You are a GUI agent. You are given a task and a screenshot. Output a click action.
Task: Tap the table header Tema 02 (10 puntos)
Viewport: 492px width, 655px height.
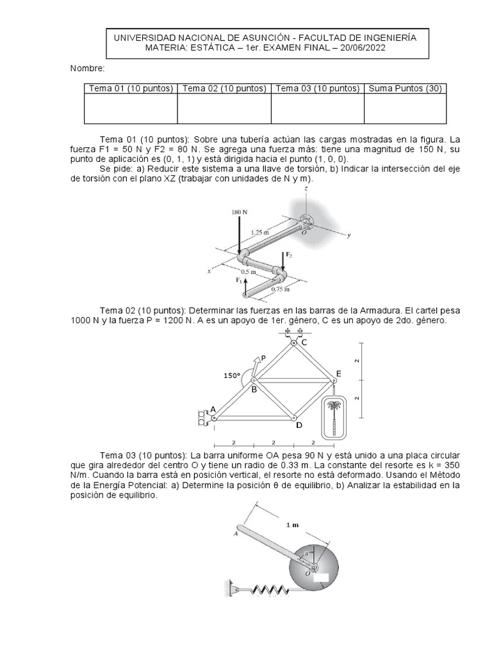coord(224,88)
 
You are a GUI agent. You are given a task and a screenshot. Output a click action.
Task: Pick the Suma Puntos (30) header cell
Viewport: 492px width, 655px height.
coord(404,88)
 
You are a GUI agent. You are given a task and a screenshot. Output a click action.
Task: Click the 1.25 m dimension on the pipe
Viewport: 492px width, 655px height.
coord(260,232)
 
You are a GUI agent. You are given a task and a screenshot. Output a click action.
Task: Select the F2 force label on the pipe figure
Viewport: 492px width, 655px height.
coord(288,254)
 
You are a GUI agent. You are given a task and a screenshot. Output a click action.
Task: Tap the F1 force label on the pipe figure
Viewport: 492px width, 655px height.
coord(238,280)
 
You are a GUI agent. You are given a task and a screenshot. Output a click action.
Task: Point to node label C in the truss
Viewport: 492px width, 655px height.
coord(304,343)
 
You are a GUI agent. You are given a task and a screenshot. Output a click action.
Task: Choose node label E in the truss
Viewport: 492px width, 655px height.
coord(338,374)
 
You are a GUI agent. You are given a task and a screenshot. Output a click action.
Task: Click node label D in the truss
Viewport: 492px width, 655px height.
coord(299,425)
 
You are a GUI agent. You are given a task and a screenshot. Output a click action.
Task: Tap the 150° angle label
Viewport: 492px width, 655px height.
coord(232,376)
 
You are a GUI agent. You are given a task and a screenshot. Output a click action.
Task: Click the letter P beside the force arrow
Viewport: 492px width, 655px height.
coord(263,359)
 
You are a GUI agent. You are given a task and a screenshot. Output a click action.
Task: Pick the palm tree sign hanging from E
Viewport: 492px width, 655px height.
coord(333,416)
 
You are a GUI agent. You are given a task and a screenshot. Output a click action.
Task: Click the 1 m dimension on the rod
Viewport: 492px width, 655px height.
coord(292,525)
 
